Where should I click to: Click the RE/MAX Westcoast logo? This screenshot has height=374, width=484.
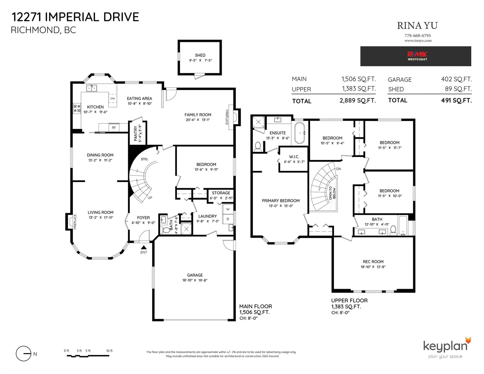[417, 56]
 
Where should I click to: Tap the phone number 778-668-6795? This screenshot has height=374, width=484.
[418, 36]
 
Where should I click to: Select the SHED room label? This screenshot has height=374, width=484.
[200, 55]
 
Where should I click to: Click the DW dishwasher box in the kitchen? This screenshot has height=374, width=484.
[113, 98]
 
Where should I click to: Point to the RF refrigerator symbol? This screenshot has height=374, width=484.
[114, 128]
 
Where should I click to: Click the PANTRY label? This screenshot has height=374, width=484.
[136, 133]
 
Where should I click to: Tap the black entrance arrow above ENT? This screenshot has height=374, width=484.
[144, 247]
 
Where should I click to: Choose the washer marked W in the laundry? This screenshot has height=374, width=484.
[228, 209]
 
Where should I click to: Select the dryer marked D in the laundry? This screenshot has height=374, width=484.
[228, 219]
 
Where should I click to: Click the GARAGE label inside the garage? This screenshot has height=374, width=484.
[195, 275]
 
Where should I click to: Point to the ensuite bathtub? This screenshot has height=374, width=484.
[300, 133]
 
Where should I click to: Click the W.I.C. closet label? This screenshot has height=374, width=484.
[294, 157]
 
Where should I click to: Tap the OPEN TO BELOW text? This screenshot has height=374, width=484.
[332, 193]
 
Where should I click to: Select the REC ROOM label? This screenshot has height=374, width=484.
[373, 262]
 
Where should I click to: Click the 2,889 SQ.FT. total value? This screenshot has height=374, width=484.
[358, 101]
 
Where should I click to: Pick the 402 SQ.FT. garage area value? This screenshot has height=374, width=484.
[456, 79]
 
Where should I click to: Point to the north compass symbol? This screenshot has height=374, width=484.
[24, 353]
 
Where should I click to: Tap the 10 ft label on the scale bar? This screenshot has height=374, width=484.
[110, 351]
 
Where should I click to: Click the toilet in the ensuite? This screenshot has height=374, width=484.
[258, 147]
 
